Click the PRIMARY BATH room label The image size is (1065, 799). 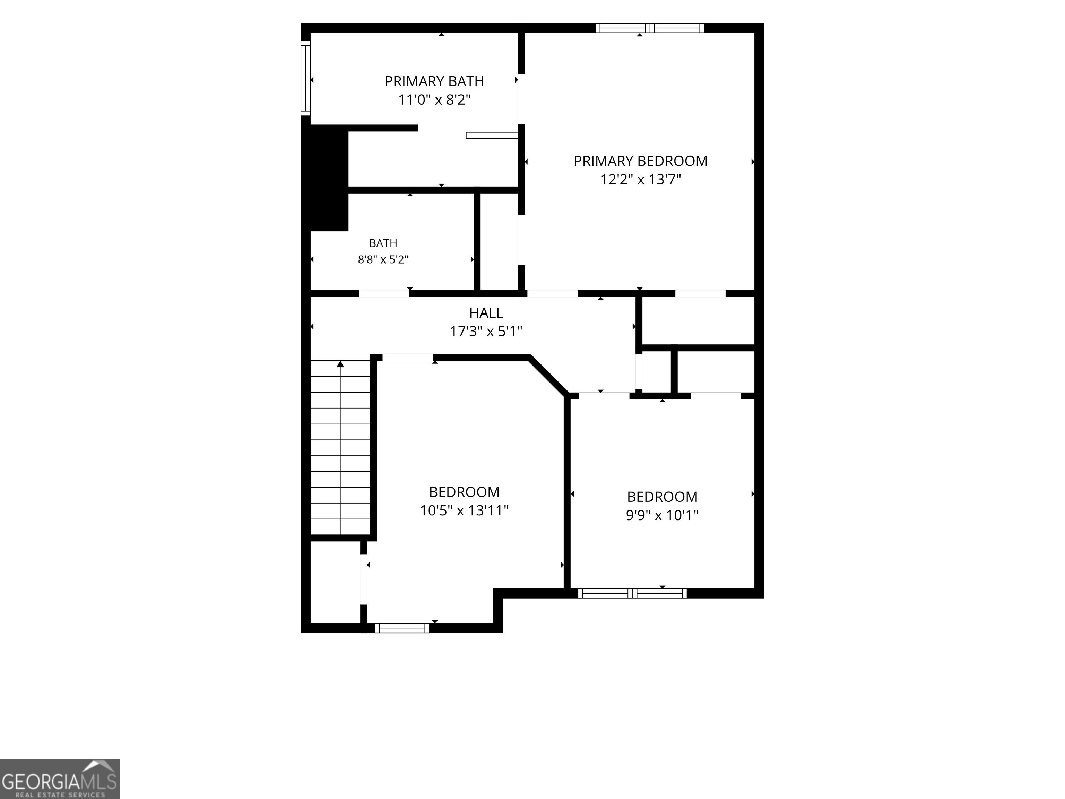[x=434, y=81]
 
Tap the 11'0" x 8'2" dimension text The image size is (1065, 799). [x=434, y=100]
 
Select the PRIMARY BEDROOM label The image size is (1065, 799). [x=640, y=161]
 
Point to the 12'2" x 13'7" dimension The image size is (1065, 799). [x=640, y=180]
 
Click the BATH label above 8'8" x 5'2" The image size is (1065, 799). [x=383, y=243]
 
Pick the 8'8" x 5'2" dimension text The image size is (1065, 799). [x=383, y=260]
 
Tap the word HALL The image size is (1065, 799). [x=486, y=313]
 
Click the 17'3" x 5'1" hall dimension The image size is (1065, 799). [x=486, y=331]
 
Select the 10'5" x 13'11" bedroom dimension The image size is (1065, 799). [x=464, y=510]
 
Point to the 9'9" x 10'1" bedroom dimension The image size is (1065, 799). [x=662, y=515]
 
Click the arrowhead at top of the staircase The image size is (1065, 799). [x=340, y=364]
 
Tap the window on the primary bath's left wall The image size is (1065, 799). [x=305, y=78]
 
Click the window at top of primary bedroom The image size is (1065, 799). [x=649, y=28]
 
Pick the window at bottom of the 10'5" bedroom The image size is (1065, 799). [x=402, y=628]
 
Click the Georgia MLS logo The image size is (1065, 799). [x=60, y=779]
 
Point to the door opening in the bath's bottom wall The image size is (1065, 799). [x=384, y=294]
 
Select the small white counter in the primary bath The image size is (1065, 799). [x=492, y=135]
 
